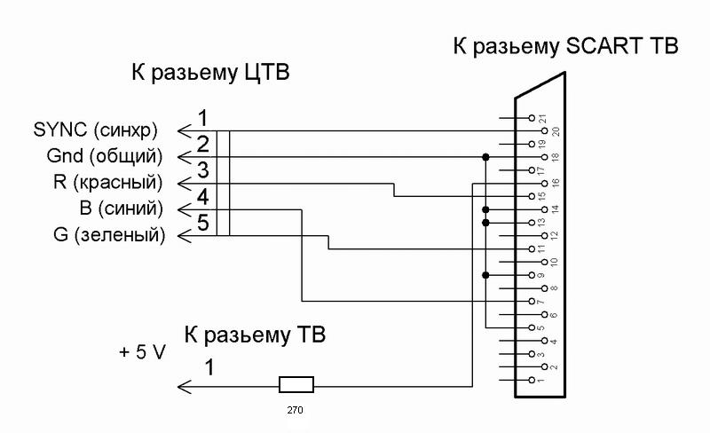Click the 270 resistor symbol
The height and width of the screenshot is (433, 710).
296,385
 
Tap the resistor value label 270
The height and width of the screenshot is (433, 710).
296,411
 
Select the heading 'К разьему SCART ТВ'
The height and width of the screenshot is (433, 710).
565,47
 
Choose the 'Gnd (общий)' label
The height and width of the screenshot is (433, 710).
105,157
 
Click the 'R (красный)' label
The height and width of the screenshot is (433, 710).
108,184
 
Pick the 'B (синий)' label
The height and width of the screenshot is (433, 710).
122,209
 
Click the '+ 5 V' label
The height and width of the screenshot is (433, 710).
142,351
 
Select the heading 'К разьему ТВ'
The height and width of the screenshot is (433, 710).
256,335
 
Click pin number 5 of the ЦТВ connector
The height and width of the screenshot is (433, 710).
203,223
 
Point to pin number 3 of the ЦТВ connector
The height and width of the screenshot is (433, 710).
203,169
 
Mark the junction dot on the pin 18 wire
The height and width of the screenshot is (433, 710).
485,157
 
